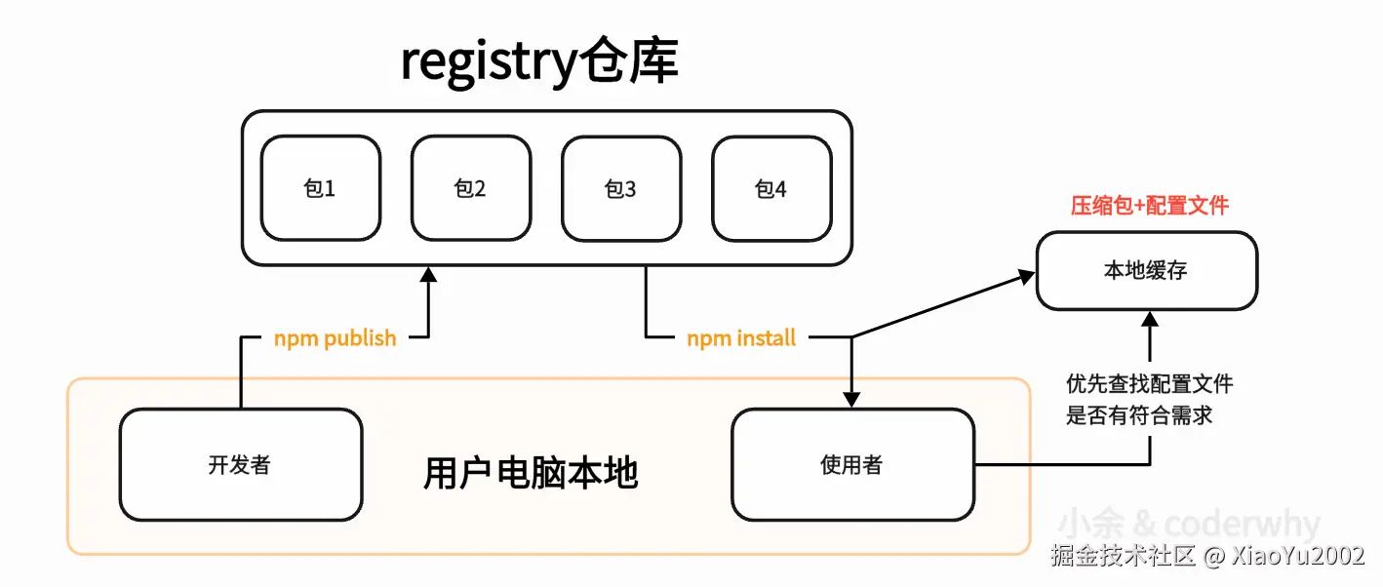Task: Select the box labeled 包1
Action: (320, 188)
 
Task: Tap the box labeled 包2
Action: (470, 188)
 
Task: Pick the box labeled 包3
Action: (620, 188)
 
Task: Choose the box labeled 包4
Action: (771, 188)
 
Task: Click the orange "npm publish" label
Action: (335, 338)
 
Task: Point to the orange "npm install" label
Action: (741, 338)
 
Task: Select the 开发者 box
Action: (240, 465)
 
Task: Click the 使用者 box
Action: (851, 465)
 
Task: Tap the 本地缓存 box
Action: (1146, 270)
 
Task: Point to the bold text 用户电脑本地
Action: (531, 473)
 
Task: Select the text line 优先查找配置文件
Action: (1150, 383)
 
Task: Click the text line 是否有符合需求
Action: (1139, 414)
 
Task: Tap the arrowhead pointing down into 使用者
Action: (851, 399)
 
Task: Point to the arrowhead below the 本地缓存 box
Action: (1151, 320)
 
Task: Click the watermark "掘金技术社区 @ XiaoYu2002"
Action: (1207, 557)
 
